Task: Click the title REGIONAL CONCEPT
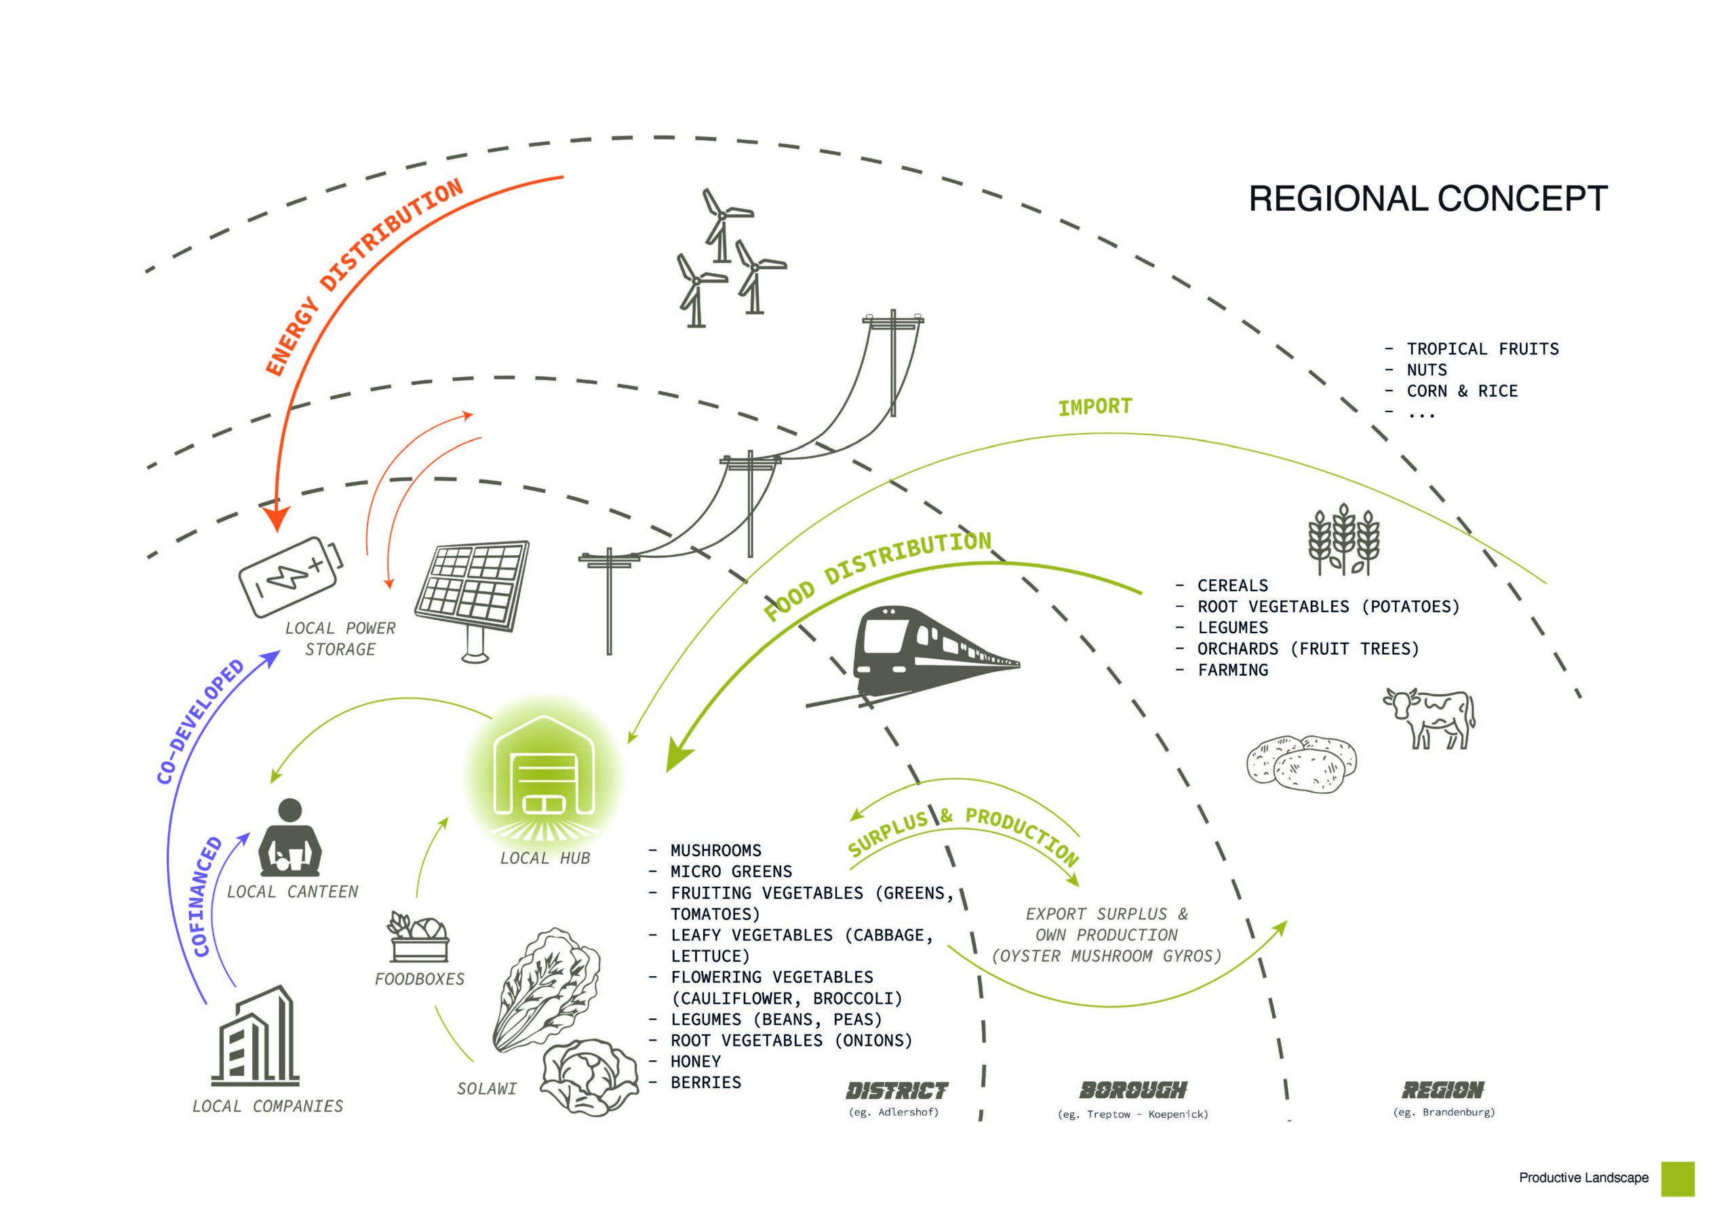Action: coord(1427,199)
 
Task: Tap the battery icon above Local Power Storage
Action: coord(290,576)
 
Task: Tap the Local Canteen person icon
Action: coord(290,839)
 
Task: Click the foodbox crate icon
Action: coord(418,939)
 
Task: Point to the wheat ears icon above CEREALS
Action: coord(1343,539)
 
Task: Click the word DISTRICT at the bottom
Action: coord(896,1091)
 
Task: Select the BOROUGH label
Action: coord(1132,1090)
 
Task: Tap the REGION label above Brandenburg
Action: coord(1442,1090)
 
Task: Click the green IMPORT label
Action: coord(1094,407)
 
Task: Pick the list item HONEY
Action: coord(696,1062)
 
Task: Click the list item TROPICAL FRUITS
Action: coord(1482,348)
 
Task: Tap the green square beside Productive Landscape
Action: coord(1678,1179)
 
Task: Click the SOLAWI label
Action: coord(487,1089)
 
